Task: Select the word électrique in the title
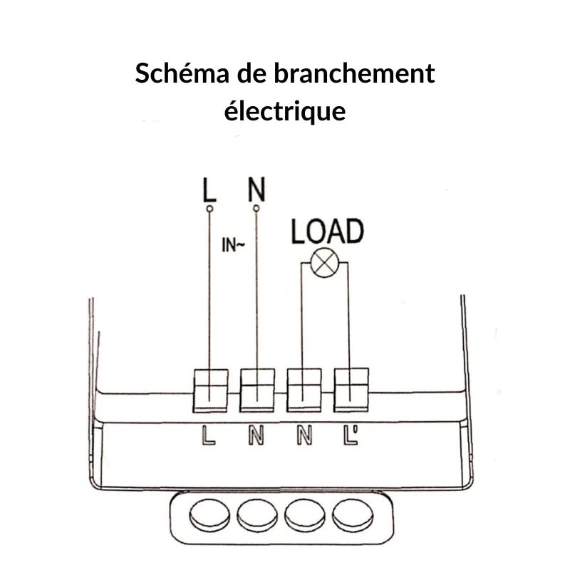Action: point(285,111)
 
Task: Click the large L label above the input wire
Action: point(209,190)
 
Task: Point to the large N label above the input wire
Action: point(256,190)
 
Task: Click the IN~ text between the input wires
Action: point(233,247)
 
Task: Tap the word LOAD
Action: point(327,232)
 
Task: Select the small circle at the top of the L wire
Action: point(209,209)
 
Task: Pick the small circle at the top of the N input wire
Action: point(256,209)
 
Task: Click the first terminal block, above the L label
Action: point(211,390)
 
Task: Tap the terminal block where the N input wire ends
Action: point(257,390)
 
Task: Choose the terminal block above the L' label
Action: point(351,390)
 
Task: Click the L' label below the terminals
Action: point(351,435)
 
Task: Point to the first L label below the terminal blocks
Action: point(209,435)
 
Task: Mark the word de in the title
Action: point(259,74)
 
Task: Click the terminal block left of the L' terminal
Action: point(304,390)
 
